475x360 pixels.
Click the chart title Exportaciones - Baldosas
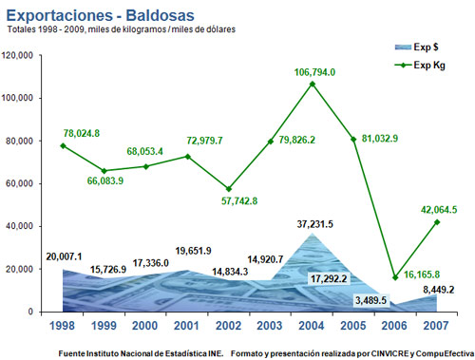coord(100,15)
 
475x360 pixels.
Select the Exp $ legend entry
coord(416,47)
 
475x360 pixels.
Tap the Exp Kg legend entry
coord(420,66)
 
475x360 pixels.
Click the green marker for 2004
coord(313,84)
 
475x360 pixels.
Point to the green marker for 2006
coord(395,277)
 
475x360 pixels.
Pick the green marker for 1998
coord(63,145)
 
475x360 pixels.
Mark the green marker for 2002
coord(229,189)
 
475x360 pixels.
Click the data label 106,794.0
coord(314,72)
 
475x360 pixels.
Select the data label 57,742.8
coord(239,200)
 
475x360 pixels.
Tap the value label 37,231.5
coord(315,224)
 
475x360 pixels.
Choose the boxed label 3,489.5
coord(370,300)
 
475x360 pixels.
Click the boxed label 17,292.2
coord(329,278)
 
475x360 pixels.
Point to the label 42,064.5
coord(439,210)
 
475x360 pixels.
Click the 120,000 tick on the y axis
coord(17,56)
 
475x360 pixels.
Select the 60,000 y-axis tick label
coord(20,183)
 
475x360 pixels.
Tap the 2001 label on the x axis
coord(186,326)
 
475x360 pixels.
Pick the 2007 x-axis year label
coord(436,326)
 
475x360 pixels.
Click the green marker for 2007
coord(437,222)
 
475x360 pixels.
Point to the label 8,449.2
coord(439,290)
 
